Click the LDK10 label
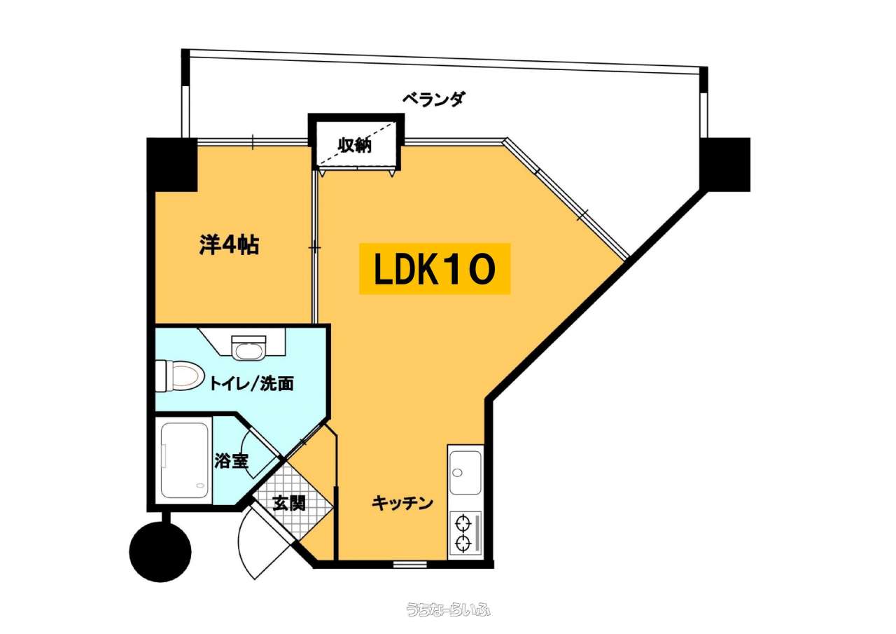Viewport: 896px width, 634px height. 435,269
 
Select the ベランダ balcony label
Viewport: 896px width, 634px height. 434,99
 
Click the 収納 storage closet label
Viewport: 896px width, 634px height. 355,145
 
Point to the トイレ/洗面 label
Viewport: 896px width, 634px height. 251,383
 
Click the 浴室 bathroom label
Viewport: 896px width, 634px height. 231,461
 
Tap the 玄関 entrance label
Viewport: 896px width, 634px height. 289,503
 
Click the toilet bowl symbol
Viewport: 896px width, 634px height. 179,375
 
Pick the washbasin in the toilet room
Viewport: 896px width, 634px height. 248,347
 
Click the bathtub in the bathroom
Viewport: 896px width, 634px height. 185,461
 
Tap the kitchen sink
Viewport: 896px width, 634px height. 465,473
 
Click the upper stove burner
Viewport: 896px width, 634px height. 463,523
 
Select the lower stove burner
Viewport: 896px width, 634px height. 463,543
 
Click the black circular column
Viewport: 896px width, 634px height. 160,551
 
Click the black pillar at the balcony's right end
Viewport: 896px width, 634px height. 724,164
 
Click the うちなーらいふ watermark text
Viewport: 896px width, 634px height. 448,609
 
